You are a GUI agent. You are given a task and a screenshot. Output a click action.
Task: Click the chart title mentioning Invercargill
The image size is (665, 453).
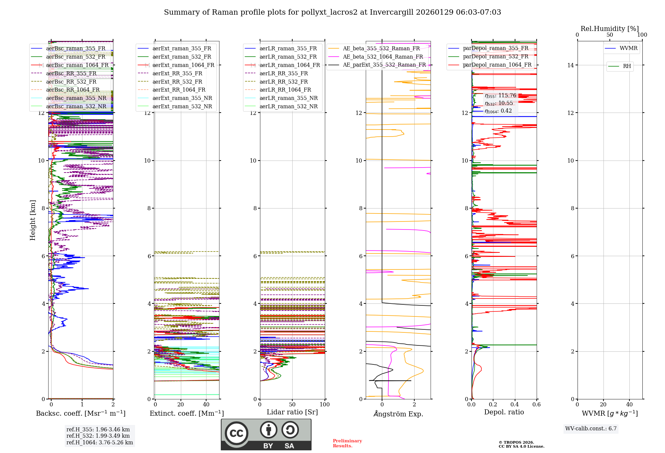[332, 12]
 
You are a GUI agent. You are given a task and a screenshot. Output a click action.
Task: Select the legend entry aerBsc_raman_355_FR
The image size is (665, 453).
[75, 48]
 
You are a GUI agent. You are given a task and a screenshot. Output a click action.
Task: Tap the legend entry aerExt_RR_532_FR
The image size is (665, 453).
[177, 82]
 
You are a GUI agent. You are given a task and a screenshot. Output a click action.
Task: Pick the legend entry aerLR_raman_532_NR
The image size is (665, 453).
[288, 106]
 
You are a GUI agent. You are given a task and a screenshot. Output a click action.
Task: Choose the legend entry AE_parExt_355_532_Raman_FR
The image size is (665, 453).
[384, 65]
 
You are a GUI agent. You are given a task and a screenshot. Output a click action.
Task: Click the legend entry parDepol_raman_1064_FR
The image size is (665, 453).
[497, 65]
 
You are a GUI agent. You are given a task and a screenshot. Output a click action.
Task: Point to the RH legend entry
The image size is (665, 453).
[627, 66]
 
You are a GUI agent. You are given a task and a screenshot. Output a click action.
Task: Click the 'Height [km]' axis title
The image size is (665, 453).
[33, 220]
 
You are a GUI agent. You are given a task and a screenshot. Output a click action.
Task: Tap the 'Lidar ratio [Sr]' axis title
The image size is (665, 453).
[292, 412]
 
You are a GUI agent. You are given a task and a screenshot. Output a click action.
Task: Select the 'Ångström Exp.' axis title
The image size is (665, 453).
[398, 414]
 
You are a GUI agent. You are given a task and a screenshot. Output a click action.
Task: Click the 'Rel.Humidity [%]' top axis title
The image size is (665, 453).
[609, 29]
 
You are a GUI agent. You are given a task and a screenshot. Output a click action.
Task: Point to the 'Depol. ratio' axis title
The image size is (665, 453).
[504, 412]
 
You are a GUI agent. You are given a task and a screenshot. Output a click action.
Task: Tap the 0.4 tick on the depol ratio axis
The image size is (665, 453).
[515, 404]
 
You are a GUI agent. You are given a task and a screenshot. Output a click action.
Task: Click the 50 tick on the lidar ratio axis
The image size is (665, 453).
[292, 404]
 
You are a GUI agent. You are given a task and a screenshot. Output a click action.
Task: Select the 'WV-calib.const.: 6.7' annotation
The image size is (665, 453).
[591, 428]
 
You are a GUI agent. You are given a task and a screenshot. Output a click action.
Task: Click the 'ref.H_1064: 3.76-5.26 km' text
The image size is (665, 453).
[99, 442]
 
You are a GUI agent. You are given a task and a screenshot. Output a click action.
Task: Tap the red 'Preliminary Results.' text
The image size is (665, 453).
[347, 443]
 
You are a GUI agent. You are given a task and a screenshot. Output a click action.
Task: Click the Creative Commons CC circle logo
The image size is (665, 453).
[236, 433]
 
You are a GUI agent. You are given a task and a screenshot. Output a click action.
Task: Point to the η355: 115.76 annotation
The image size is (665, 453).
[500, 96]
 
